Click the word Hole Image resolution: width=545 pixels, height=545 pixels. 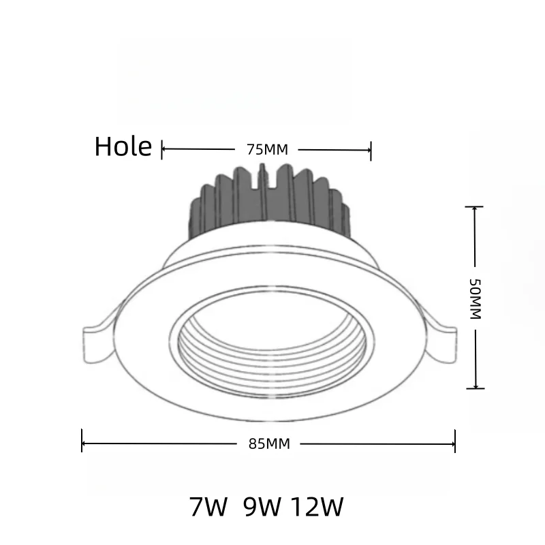point(123,146)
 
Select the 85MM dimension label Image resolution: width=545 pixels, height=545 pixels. point(269,444)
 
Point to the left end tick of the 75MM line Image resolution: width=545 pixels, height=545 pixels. point(162,149)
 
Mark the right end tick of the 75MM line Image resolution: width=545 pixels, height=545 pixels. point(370,149)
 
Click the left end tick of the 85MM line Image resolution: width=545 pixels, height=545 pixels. point(82,441)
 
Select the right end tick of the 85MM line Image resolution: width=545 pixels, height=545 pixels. point(455,441)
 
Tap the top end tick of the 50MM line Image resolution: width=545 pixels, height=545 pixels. point(474,206)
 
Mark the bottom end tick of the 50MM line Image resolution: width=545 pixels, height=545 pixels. point(475,388)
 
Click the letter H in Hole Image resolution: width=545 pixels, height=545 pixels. point(103,146)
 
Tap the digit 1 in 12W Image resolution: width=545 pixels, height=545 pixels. point(298,507)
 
